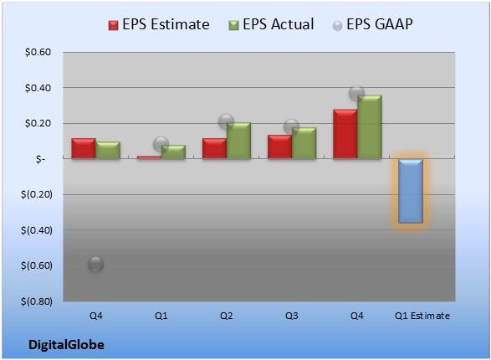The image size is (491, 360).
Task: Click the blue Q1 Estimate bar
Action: coord(411,191)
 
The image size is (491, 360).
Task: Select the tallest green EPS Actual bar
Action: coord(370,126)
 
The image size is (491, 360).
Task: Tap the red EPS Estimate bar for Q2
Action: coord(214,148)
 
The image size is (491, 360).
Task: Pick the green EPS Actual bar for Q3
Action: coord(304,143)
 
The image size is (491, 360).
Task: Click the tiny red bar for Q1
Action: coord(149,157)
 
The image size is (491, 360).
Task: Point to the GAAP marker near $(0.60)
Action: coord(96,264)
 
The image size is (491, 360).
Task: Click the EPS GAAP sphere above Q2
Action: coord(226,121)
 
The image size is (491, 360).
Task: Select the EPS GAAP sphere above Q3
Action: coord(292,127)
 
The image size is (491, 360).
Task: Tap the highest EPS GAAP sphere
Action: coord(356,93)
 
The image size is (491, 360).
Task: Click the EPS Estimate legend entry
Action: coord(159,24)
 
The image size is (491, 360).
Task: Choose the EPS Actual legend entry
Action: coord(271,24)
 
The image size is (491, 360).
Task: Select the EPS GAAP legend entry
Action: coord(372,24)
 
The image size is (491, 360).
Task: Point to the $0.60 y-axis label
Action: coord(38,52)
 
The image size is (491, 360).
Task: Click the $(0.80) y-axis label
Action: coord(36,301)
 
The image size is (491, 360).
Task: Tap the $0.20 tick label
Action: coord(38,123)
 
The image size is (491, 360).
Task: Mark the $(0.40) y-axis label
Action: coord(36,230)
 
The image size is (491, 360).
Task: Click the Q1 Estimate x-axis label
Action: coord(422,316)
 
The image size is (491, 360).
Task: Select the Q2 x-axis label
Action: coord(226,316)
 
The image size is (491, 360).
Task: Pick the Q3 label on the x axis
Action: coord(292,316)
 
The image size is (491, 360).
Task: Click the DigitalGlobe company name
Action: coord(66,345)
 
